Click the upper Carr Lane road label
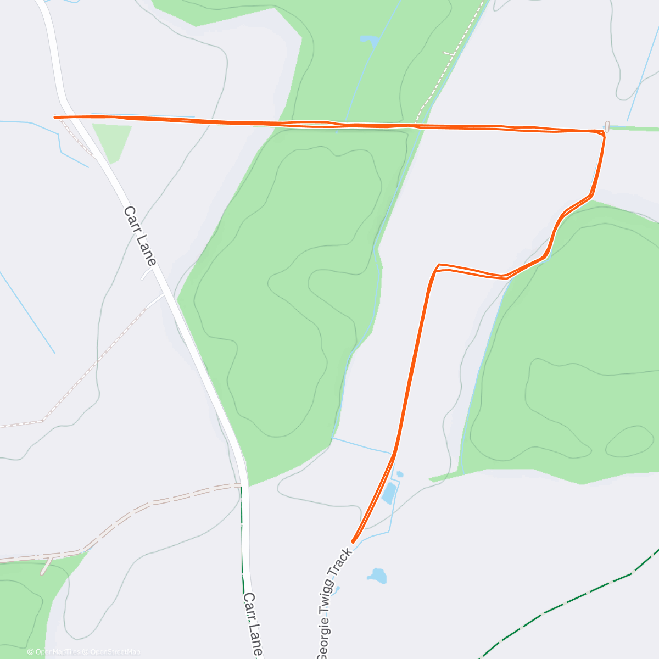tap(140, 236)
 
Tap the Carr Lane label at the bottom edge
tap(253, 624)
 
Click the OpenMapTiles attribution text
tap(54, 652)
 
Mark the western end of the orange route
tap(55, 116)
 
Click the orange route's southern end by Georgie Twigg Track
tap(353, 541)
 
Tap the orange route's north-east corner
tap(602, 132)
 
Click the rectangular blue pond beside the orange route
tap(389, 493)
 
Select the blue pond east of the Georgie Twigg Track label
tap(377, 576)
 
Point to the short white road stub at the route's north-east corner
tap(606, 125)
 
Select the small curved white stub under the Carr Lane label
tap(147, 273)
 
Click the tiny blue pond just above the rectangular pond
tap(400, 474)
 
